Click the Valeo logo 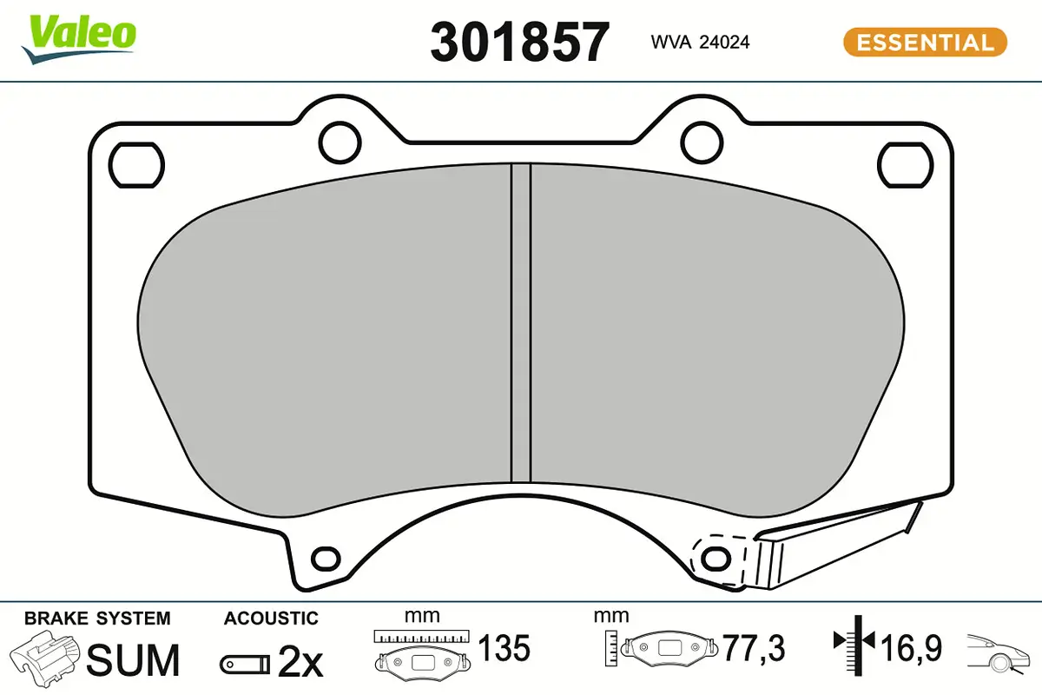79,39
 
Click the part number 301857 519,43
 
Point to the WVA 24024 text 700,43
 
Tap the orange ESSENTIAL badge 926,43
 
